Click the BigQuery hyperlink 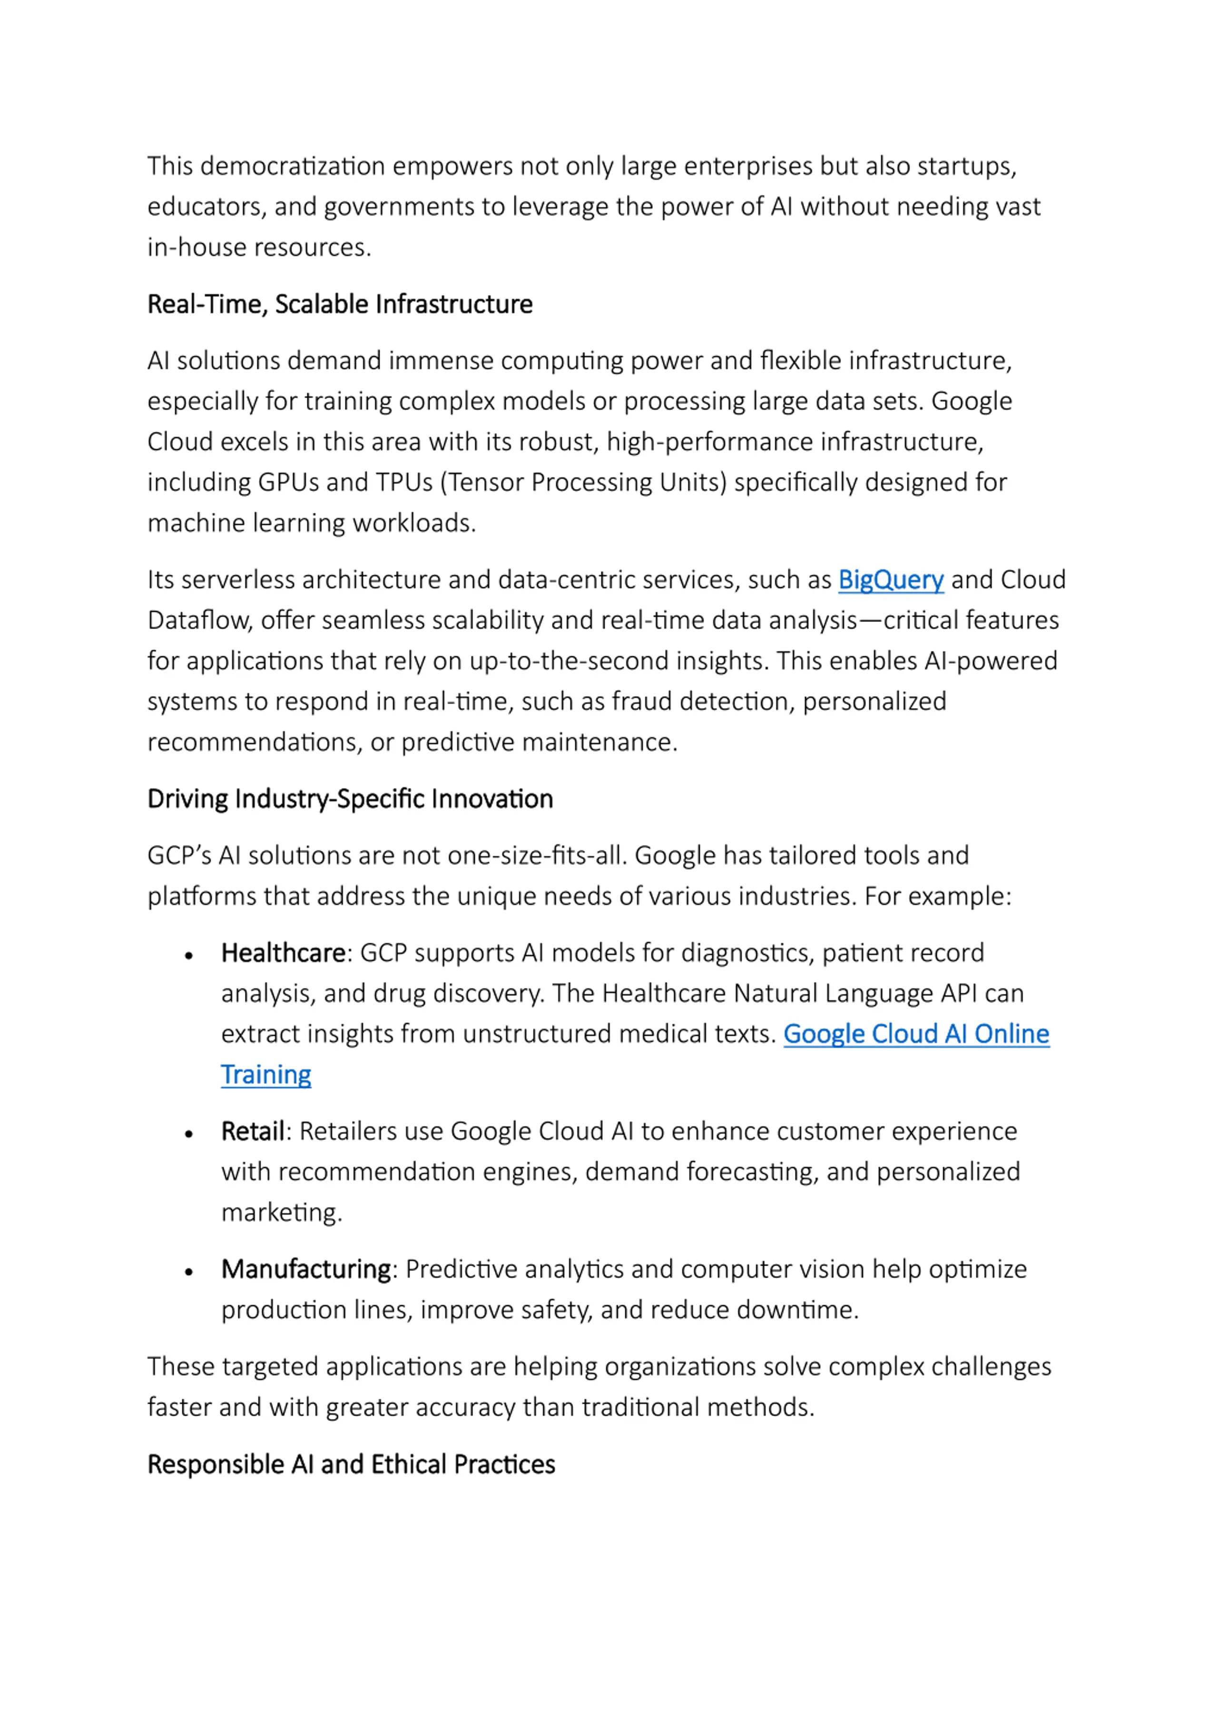coord(890,580)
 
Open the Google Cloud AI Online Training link coord(915,1034)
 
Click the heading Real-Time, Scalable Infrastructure coord(340,305)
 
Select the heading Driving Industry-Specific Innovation coord(350,799)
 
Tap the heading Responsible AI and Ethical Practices coord(351,1464)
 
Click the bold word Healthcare coord(283,953)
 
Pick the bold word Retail coord(253,1131)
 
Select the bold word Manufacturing coord(305,1269)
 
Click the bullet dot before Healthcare coord(189,955)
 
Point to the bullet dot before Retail coord(189,1134)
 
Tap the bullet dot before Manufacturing coord(189,1272)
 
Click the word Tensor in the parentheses coord(486,482)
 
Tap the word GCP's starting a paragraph coord(178,856)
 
